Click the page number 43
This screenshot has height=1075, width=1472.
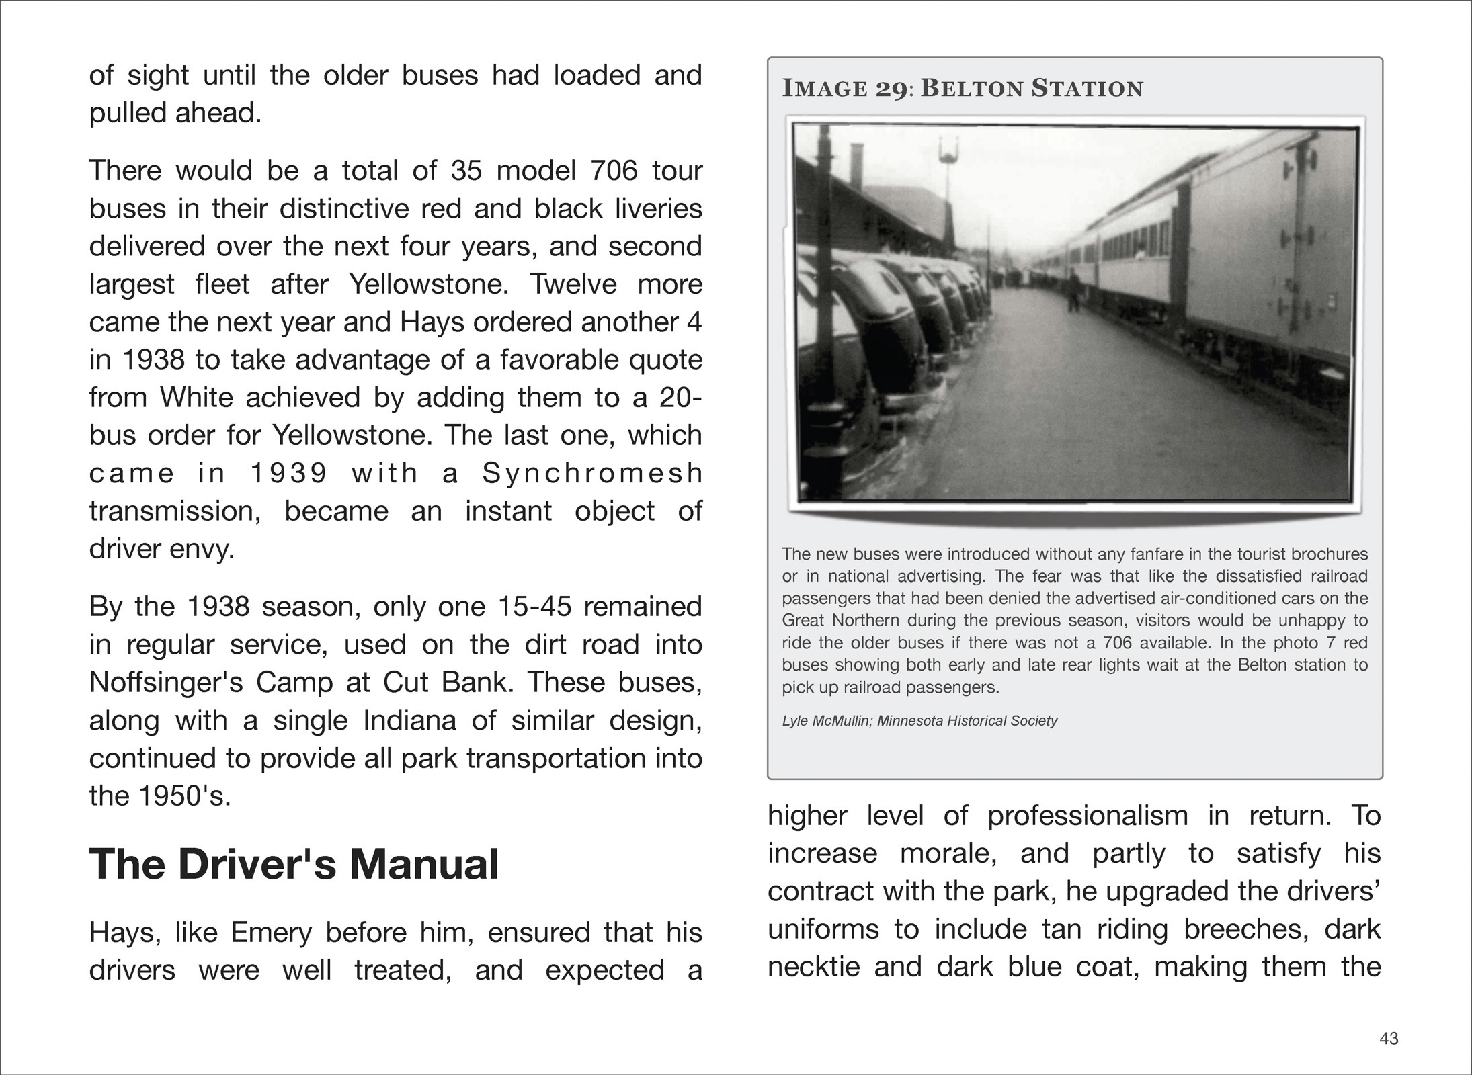coord(1389,1039)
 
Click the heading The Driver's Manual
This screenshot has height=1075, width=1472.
coord(294,864)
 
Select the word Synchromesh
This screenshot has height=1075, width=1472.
coord(592,474)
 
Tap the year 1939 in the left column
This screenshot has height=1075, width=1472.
coord(288,474)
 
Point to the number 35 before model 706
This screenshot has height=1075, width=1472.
coord(467,171)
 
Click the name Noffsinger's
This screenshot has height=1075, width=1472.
coord(166,683)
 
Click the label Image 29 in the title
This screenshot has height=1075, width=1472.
coord(844,89)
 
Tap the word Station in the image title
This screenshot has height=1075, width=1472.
coord(1087,89)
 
